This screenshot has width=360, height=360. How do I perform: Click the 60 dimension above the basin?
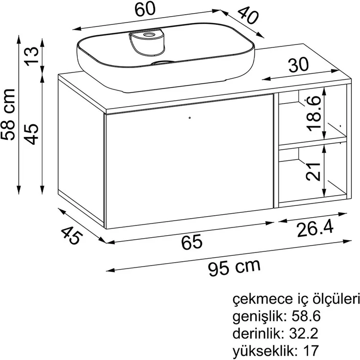tap(145, 10)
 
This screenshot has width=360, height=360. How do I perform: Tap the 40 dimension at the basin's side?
tap(247, 15)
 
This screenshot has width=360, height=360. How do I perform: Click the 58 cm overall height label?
tap(7, 114)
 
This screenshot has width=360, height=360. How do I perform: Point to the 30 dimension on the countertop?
tap(298, 65)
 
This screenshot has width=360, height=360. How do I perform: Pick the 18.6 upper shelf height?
tap(314, 113)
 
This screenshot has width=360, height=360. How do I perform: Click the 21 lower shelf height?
tap(313, 171)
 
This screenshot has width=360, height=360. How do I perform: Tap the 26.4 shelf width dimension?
tap(315, 229)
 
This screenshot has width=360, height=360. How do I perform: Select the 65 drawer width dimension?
tap(192, 242)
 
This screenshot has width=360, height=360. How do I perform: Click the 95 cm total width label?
tap(234, 267)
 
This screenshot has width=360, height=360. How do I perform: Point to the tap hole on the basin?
tap(149, 35)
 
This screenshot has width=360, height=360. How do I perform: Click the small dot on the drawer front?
tap(190, 118)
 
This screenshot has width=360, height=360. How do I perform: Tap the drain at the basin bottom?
tap(163, 62)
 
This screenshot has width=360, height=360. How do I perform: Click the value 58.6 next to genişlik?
tap(306, 316)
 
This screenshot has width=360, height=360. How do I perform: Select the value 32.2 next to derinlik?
tap(304, 334)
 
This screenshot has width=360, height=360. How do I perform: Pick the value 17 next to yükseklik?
tap(311, 351)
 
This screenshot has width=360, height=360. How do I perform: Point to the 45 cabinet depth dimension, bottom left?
tap(71, 235)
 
